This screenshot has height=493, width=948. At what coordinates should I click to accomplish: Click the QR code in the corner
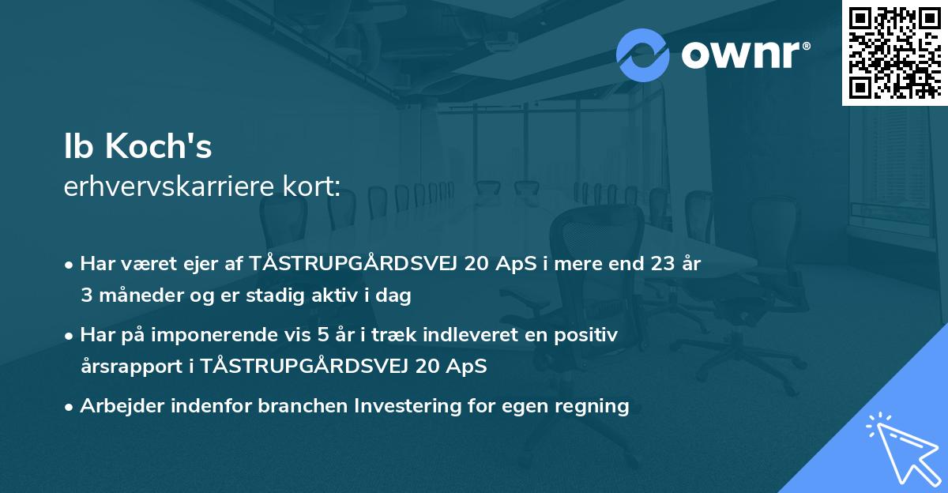tap(894, 52)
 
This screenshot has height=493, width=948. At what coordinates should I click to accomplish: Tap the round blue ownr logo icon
tap(643, 55)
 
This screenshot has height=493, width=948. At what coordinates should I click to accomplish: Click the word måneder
tap(135, 296)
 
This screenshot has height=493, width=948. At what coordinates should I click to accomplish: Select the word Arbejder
tap(121, 406)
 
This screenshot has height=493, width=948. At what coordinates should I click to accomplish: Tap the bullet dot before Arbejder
tap(70, 407)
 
